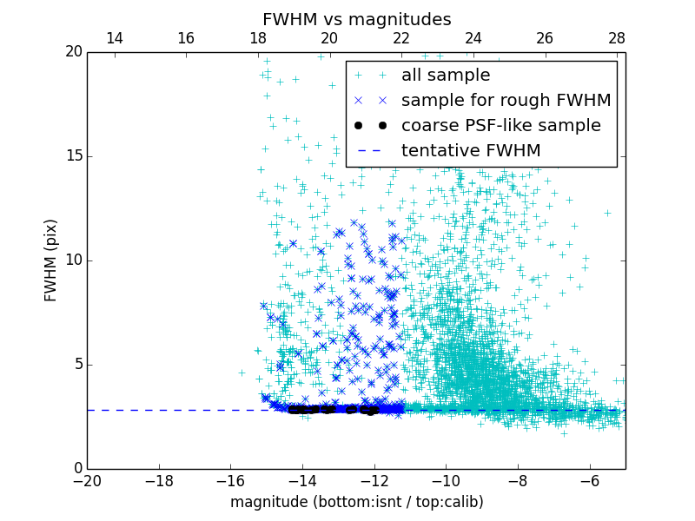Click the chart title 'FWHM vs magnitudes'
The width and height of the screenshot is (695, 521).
coord(356,19)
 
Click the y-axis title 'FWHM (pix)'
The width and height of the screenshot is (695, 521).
coord(51,260)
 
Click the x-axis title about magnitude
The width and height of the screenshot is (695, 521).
coord(356,502)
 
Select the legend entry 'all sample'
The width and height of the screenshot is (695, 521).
coord(446,76)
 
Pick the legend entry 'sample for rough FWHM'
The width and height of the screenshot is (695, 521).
coord(506,101)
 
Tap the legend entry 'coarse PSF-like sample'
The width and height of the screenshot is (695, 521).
coord(500,126)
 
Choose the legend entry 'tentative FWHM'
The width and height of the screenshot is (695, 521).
coord(471,151)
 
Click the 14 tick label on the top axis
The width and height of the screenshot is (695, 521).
coord(114,38)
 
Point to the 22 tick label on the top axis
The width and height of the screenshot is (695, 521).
coord(401,38)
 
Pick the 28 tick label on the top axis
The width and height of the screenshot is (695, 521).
coord(617,38)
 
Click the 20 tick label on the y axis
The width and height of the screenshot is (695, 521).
coord(72,52)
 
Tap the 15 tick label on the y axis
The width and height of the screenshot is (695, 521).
coord(72,156)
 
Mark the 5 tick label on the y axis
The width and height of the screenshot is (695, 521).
coord(76,365)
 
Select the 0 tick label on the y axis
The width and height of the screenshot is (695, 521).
coord(76,469)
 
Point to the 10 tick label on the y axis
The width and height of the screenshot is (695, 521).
coord(72,260)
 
